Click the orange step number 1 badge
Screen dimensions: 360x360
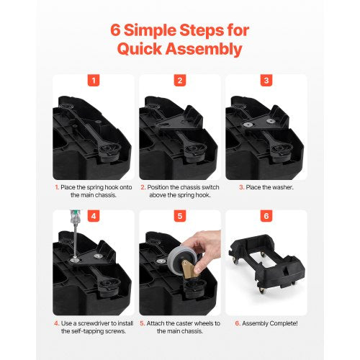tap(94, 81)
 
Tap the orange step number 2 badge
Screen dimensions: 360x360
tap(180, 81)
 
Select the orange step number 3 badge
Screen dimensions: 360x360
tap(266, 81)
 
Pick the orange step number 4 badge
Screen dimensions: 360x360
tap(94, 216)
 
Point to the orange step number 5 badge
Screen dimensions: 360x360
tap(180, 216)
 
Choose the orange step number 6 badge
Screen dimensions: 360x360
tap(266, 216)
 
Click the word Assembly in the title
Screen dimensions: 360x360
tap(204, 49)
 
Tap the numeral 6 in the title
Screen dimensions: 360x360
tap(115, 30)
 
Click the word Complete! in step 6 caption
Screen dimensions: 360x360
tap(284, 323)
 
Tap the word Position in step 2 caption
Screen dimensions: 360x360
tap(158, 187)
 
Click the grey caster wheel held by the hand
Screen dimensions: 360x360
tap(179, 259)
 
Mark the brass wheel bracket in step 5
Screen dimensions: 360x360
tap(189, 269)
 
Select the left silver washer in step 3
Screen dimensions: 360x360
tap(248, 125)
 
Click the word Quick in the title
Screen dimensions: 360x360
tap(139, 49)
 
